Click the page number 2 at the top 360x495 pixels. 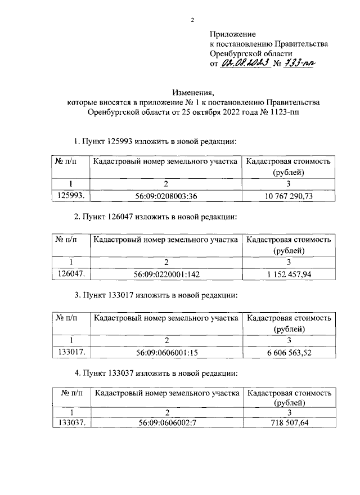[192, 21]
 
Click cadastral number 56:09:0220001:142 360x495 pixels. [167, 273]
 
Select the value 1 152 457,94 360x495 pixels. [288, 273]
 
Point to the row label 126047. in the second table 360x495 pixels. [71, 273]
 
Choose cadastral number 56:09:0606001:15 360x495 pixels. [167, 352]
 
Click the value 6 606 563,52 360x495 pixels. [288, 352]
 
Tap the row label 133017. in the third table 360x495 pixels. [71, 352]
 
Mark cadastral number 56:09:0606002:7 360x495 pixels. [167, 423]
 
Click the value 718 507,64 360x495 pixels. [288, 423]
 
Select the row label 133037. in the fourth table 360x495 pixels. [71, 423]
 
